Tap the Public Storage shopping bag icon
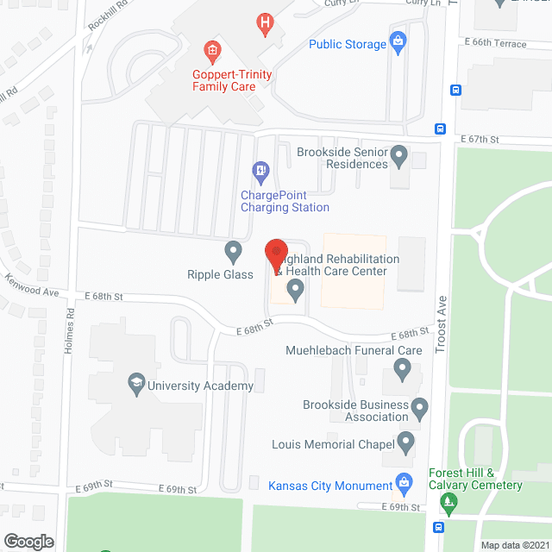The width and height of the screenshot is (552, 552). [398, 41]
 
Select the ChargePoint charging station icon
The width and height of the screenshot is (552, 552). [259, 170]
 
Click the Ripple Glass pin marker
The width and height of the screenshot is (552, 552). [233, 252]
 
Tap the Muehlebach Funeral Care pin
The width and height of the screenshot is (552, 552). [402, 371]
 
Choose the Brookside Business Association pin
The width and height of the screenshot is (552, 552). [420, 405]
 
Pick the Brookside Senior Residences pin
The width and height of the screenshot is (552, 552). [398, 156]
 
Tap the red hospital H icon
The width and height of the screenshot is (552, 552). [266, 21]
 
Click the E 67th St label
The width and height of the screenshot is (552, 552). [480, 139]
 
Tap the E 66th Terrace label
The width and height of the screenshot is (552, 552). [494, 43]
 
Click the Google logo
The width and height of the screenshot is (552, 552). [28, 541]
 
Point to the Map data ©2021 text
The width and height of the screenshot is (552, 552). [513, 544]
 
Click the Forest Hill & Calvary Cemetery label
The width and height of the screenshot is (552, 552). [475, 479]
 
